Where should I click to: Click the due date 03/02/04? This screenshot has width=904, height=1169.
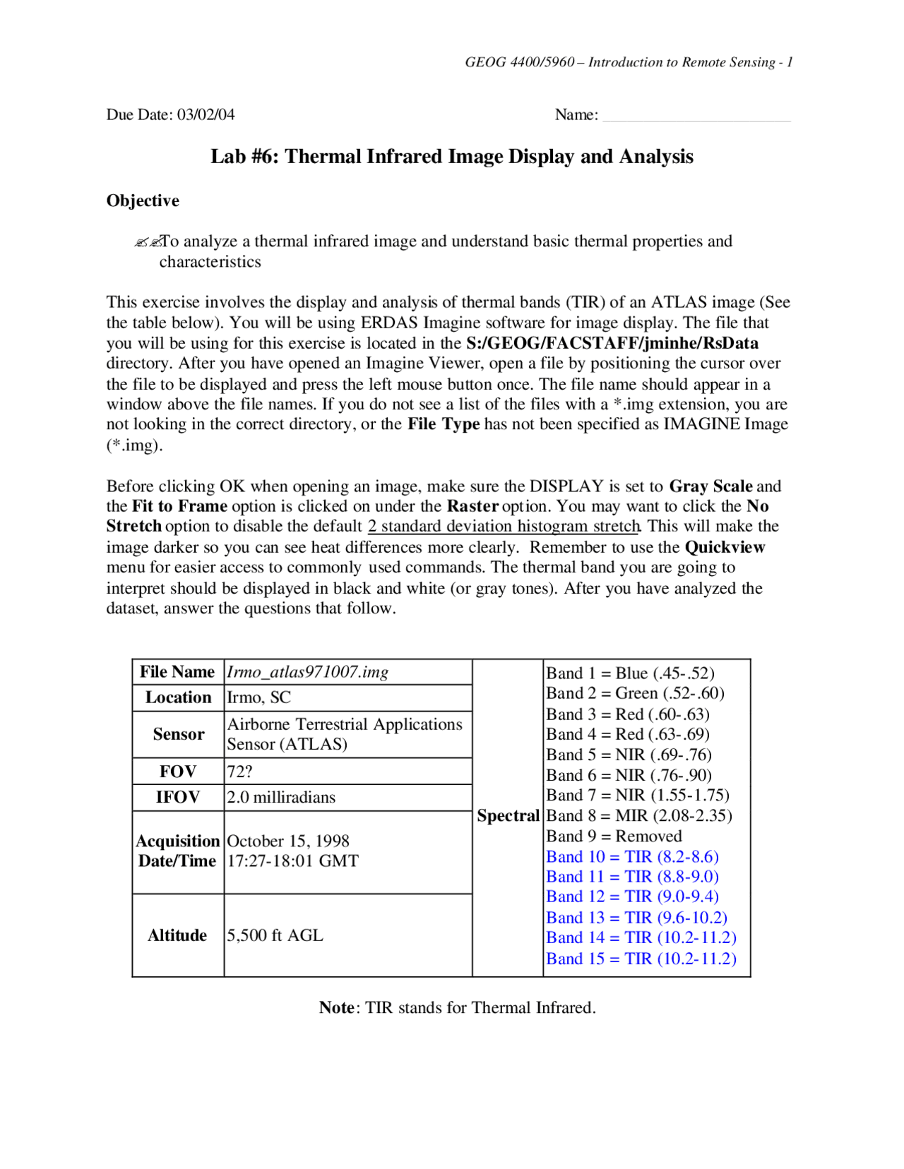206,114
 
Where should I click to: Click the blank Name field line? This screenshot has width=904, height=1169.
696,116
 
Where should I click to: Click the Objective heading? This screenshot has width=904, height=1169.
143,200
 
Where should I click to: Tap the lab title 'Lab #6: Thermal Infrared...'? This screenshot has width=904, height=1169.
452,156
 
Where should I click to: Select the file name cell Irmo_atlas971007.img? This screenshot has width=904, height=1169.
307,672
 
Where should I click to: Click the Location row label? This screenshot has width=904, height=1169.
178,697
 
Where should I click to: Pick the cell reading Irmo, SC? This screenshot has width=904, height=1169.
258,697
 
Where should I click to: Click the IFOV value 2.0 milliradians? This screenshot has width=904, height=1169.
280,797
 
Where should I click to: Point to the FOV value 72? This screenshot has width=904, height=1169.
239,772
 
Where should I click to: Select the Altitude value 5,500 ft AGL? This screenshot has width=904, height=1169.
275,935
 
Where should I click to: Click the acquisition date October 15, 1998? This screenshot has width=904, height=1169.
288,841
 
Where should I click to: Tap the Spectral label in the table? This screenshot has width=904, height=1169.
508,816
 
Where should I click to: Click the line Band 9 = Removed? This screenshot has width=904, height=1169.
614,837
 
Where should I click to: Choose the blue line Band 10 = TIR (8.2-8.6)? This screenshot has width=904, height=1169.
632,857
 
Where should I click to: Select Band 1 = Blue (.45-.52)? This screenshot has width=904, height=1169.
630,673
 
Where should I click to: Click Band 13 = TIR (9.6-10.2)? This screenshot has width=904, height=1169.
636,918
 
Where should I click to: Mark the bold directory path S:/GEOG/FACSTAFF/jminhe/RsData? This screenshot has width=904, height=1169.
612,343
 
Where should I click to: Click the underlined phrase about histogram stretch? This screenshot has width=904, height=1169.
504,527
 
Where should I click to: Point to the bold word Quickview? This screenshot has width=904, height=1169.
725,548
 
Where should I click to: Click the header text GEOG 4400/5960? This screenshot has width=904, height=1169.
520,62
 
